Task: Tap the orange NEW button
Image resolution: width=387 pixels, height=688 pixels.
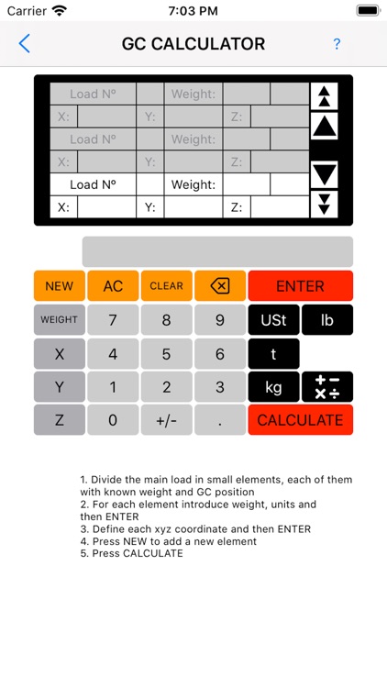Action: click(60, 286)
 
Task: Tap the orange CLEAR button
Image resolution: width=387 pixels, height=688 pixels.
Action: click(166, 286)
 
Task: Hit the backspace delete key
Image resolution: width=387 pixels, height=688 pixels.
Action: click(219, 286)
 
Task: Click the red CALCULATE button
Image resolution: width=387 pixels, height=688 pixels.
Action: click(300, 420)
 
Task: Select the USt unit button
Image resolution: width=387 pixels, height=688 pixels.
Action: click(273, 320)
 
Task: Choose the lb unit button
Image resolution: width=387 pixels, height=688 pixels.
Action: click(326, 320)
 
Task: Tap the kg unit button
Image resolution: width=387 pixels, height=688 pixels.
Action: click(273, 387)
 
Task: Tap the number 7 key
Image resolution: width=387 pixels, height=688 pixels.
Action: click(113, 320)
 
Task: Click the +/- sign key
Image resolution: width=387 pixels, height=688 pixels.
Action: click(166, 420)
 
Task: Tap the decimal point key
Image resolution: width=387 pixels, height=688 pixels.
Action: click(219, 420)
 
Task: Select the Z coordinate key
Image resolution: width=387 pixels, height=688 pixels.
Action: click(60, 420)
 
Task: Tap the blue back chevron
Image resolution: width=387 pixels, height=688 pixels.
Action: click(25, 43)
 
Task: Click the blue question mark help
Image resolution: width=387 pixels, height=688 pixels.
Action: click(337, 44)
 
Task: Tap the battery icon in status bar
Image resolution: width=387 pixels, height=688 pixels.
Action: click(368, 11)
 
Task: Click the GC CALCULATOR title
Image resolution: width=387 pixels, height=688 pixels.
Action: click(193, 44)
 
